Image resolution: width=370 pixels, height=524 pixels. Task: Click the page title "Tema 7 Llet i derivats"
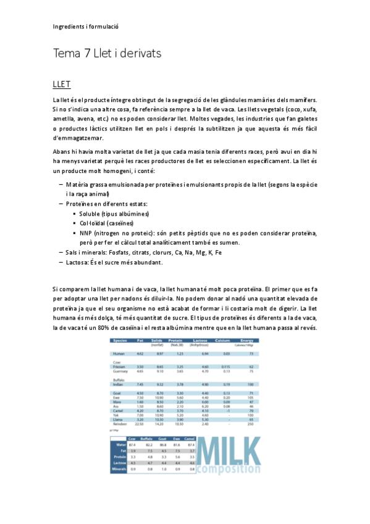107,54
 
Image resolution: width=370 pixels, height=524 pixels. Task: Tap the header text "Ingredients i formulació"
85,27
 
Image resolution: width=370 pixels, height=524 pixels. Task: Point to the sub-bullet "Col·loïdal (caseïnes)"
106,223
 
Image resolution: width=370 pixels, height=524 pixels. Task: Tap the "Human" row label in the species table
119,353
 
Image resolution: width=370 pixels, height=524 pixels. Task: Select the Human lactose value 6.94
204,353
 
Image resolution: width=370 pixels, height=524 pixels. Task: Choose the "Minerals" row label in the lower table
119,469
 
